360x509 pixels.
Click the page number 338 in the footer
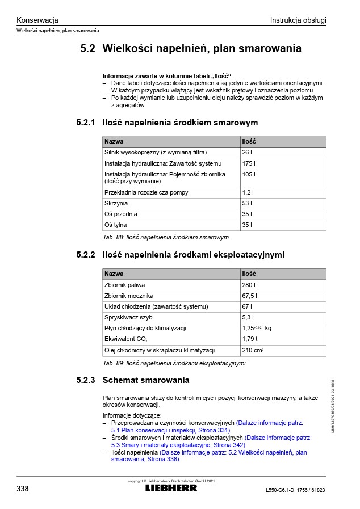coord(23,489)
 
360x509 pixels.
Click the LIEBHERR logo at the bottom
coord(171,488)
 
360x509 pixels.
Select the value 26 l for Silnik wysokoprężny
coord(246,152)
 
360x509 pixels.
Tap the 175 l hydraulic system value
coord(249,163)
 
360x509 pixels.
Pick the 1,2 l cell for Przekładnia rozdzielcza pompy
coord(248,192)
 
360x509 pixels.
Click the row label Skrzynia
coord(116,203)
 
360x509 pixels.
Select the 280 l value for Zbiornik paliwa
coord(249,284)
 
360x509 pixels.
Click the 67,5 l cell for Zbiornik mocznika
coord(250,296)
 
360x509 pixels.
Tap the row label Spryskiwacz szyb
coord(128,317)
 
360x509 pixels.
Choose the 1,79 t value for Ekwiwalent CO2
coord(250,339)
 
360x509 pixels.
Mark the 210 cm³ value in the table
coord(253,350)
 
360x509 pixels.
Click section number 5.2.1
coord(85,123)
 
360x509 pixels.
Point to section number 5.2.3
coord(85,380)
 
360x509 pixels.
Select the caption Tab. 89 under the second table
coord(174,363)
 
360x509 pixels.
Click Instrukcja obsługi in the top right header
coord(298,20)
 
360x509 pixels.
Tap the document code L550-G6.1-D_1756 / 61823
coord(296,490)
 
